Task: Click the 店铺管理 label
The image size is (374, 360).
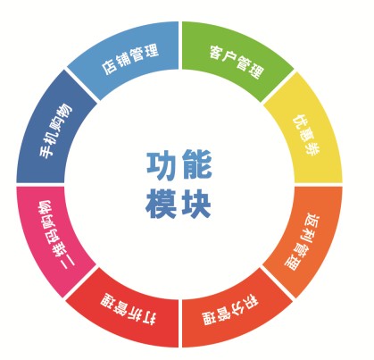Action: [130, 59]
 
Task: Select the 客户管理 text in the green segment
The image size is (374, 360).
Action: [237, 62]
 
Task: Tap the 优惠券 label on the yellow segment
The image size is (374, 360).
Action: [306, 135]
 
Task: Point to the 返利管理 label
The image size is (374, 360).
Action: [300, 241]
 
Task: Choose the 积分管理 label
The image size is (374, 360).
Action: [229, 310]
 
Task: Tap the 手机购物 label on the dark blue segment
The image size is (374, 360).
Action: [56, 130]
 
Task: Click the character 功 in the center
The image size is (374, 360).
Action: [162, 165]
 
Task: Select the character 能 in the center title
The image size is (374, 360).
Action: [197, 164]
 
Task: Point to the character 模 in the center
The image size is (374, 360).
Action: [161, 204]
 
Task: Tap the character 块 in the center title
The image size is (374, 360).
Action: [196, 204]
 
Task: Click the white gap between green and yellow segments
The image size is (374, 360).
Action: [278, 87]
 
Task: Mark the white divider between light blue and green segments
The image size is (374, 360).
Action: [180, 46]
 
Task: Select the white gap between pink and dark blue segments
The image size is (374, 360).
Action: [40, 185]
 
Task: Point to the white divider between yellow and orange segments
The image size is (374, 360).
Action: [319, 185]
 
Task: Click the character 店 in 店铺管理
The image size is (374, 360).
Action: [109, 68]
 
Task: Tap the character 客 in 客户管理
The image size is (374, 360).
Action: [216, 53]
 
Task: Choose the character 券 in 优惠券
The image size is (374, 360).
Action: [313, 148]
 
